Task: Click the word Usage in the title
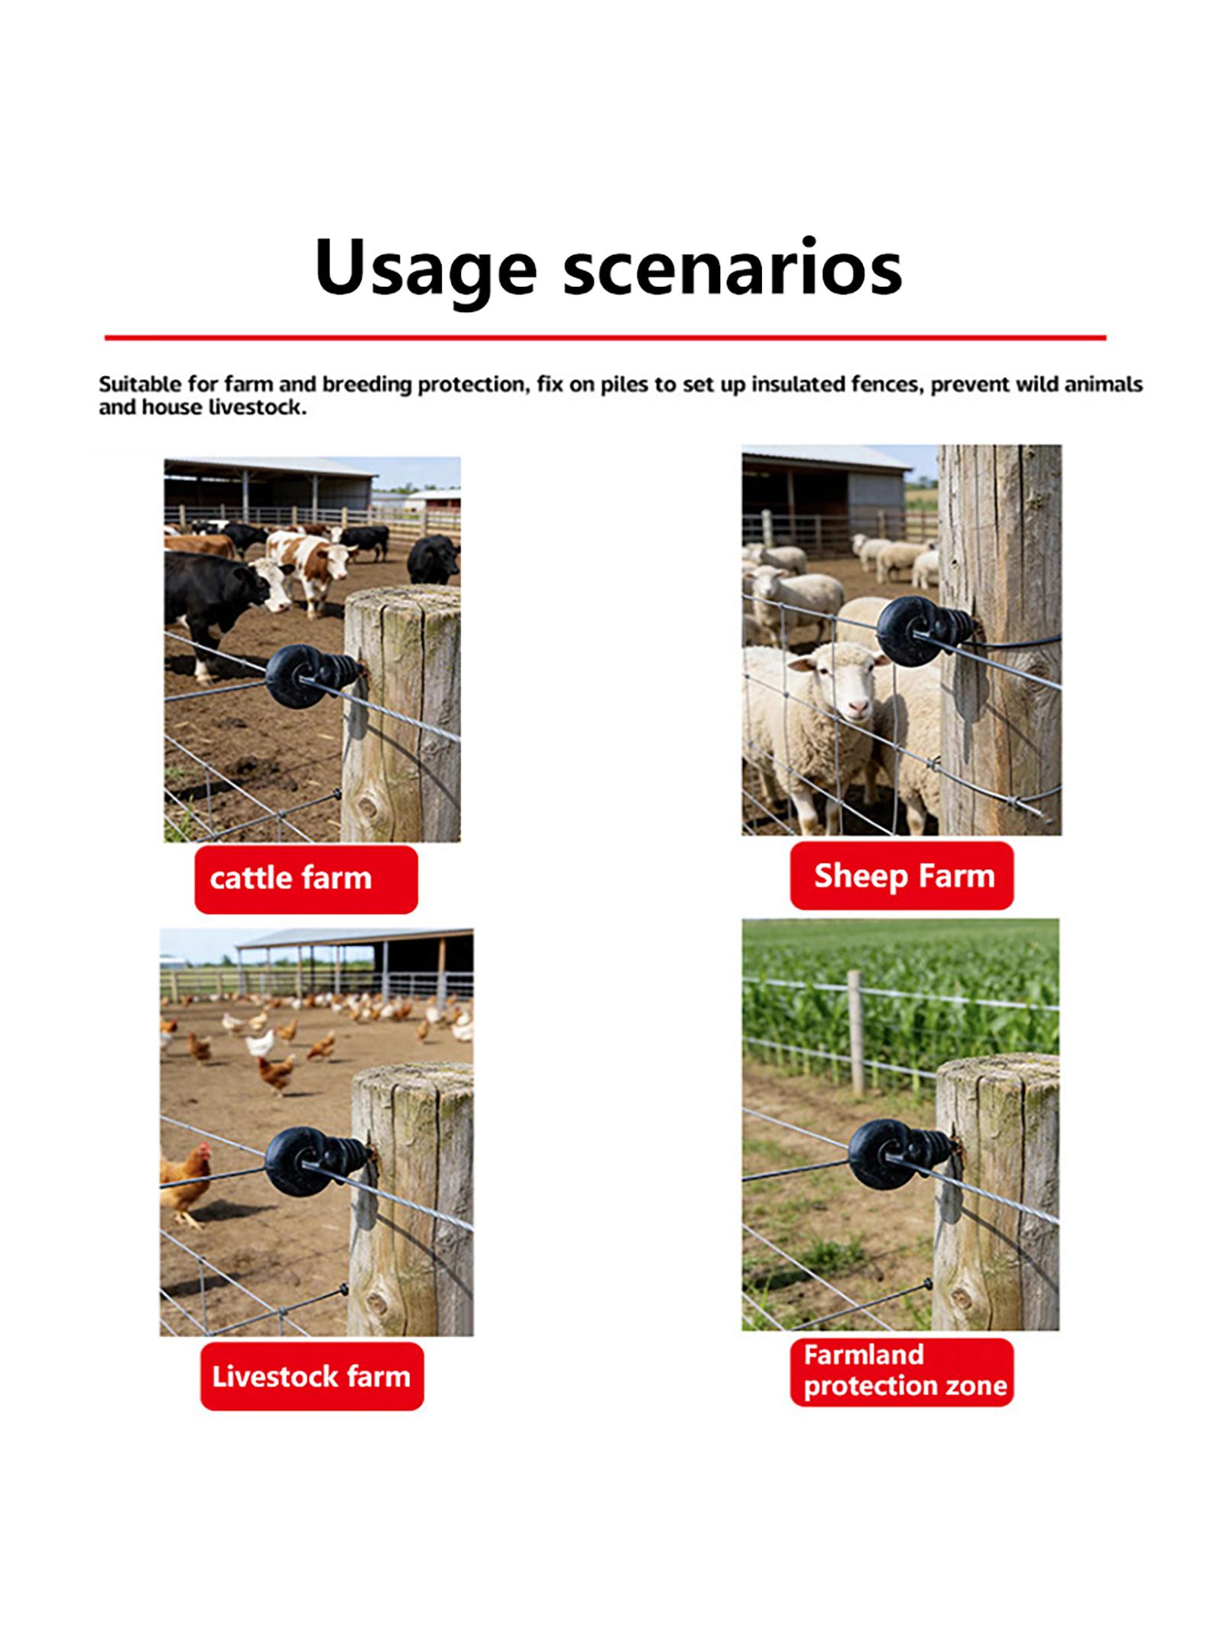coord(426,270)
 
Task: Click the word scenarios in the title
coord(733,270)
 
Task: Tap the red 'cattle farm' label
coord(306,879)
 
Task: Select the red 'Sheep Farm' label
coord(902,876)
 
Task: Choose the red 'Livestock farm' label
coord(312,1376)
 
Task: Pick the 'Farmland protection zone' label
coord(902,1373)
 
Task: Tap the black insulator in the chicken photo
coord(316,1162)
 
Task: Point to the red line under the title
coord(605,337)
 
